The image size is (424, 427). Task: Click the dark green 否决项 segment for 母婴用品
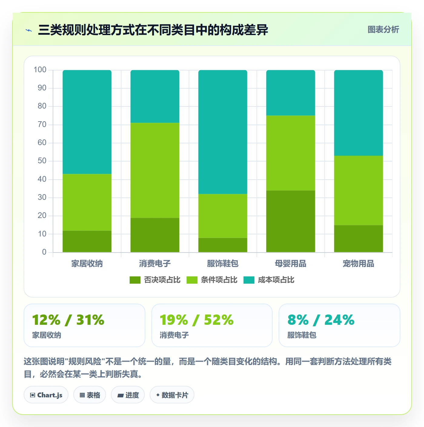(x=290, y=221)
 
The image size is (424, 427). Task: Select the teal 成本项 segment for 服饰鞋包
(x=223, y=132)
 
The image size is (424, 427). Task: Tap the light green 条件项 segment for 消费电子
(x=155, y=170)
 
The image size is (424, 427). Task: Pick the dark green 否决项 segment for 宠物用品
(x=358, y=239)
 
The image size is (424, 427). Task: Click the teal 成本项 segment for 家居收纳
(x=87, y=122)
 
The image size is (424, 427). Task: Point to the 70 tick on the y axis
(x=42, y=124)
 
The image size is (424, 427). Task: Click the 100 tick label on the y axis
(x=40, y=70)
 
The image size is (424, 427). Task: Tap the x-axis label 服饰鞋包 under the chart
(x=223, y=263)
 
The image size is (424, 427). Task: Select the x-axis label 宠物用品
(x=358, y=263)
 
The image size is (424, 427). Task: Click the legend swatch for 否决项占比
(x=135, y=280)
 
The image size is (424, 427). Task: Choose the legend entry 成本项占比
(x=269, y=280)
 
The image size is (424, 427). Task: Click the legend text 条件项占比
(x=219, y=280)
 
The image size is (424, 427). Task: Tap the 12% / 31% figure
(x=68, y=320)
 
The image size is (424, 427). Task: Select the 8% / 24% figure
(x=321, y=320)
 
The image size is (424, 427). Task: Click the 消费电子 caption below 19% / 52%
(x=174, y=335)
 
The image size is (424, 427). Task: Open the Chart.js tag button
(x=46, y=395)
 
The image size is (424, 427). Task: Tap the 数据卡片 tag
(x=172, y=395)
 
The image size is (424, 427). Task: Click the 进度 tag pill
(x=128, y=395)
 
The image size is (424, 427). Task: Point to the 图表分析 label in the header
(x=383, y=29)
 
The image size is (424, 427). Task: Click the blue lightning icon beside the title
(x=29, y=30)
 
